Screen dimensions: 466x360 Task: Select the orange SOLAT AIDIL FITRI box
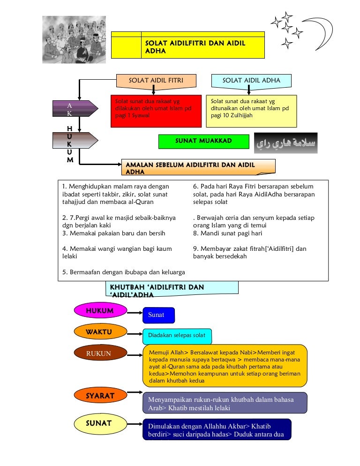pyautogui.click(x=156, y=81)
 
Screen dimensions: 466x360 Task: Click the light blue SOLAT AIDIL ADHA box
pyautogui.click(x=251, y=81)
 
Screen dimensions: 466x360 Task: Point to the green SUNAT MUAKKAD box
pyautogui.click(x=203, y=141)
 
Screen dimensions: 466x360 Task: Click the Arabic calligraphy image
pyautogui.click(x=285, y=143)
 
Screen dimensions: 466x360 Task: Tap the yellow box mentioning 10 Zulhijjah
pyautogui.click(x=251, y=111)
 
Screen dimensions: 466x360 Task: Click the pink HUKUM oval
pyautogui.click(x=100, y=311)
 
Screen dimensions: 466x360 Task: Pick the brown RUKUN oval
pyautogui.click(x=99, y=353)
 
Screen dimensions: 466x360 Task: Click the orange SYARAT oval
pyautogui.click(x=100, y=396)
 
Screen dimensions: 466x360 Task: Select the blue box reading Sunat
pyautogui.click(x=158, y=315)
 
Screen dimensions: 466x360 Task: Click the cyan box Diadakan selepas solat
pyautogui.click(x=177, y=336)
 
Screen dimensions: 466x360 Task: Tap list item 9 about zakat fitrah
pyautogui.click(x=249, y=253)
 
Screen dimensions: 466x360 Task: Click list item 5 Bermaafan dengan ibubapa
pyautogui.click(x=123, y=272)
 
